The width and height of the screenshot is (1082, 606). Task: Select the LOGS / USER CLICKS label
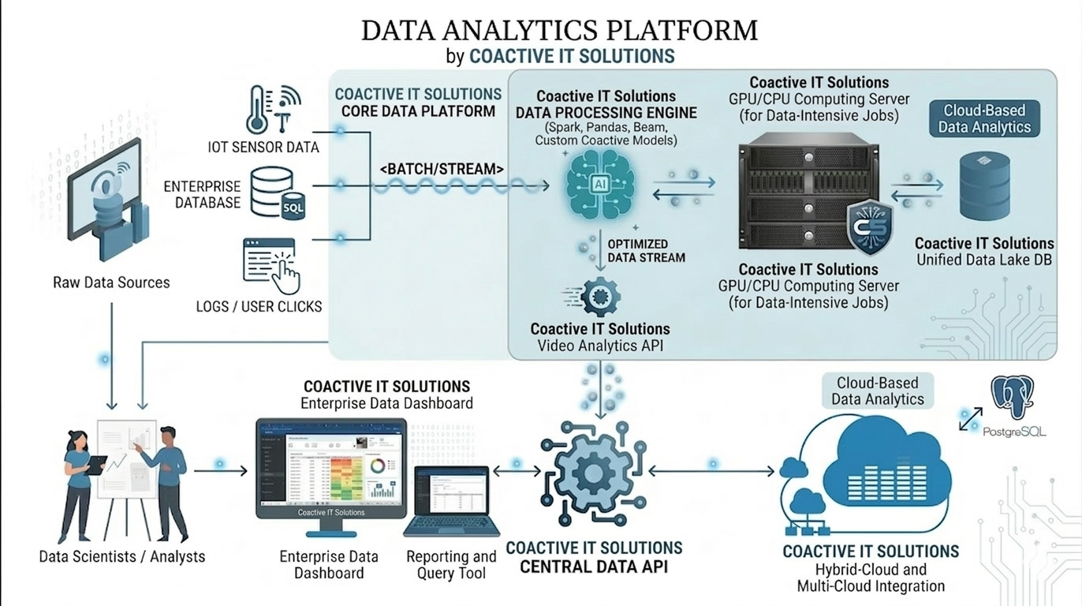(259, 306)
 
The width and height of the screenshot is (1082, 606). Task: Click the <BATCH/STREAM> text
(442, 168)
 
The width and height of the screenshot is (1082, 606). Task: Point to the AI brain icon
(599, 187)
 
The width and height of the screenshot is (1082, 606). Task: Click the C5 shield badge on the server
(869, 227)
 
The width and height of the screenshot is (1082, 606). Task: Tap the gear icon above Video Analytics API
(599, 297)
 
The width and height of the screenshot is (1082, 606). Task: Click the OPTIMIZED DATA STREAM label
(646, 250)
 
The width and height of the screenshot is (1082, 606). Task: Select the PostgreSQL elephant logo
(1012, 398)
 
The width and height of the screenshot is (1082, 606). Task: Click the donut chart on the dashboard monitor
(378, 466)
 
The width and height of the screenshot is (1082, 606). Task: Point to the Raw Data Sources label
(111, 282)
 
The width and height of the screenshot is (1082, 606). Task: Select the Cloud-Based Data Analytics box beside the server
(983, 118)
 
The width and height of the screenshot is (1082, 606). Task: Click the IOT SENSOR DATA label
(263, 147)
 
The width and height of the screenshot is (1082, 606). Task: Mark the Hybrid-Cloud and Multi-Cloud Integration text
(871, 578)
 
